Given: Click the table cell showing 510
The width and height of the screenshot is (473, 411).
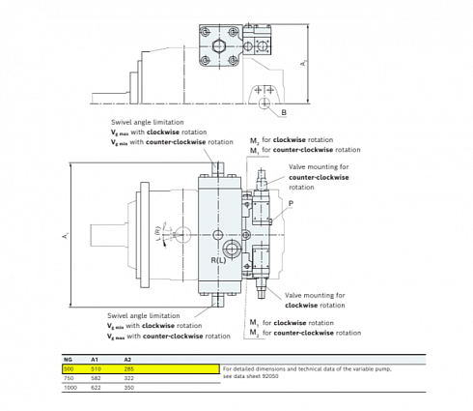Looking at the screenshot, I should [95, 368].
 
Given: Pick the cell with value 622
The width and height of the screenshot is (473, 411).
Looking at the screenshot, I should [95, 387].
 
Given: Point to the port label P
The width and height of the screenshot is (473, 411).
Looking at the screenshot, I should [290, 204].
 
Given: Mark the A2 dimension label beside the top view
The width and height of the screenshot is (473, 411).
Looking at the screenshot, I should [302, 63].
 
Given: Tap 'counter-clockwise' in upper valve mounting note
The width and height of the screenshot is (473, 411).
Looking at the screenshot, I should [318, 178].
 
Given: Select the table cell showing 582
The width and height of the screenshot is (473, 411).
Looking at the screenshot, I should [95, 377].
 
